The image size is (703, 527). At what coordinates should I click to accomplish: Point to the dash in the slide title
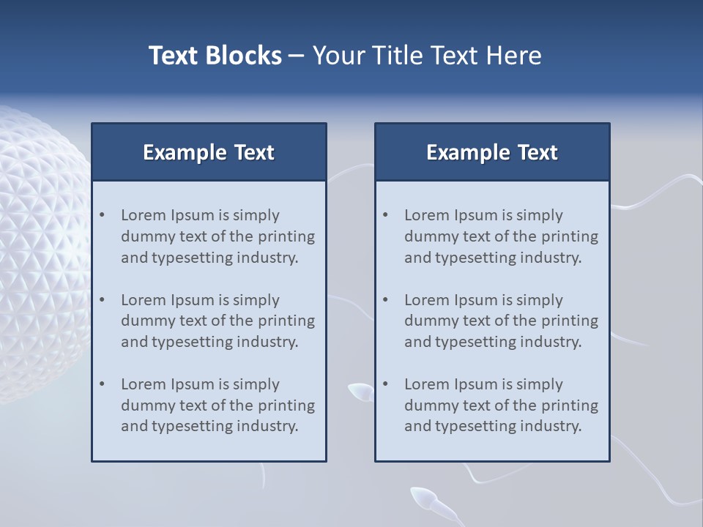[x=297, y=56]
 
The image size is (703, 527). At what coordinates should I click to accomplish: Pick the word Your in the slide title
[x=338, y=56]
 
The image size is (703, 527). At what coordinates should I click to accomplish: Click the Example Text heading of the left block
[x=209, y=152]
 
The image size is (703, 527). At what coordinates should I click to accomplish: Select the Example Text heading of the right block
[x=492, y=152]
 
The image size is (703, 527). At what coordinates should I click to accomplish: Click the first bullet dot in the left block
[x=103, y=215]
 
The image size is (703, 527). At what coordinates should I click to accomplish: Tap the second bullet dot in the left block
[x=103, y=300]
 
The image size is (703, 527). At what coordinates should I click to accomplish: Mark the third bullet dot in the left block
[x=103, y=384]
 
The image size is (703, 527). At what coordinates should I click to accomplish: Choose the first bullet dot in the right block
[x=386, y=215]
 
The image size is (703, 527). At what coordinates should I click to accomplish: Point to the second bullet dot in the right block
[x=386, y=300]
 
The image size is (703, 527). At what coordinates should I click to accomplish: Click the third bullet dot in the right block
[x=386, y=384]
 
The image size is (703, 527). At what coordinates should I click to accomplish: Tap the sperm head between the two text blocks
[x=359, y=392]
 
